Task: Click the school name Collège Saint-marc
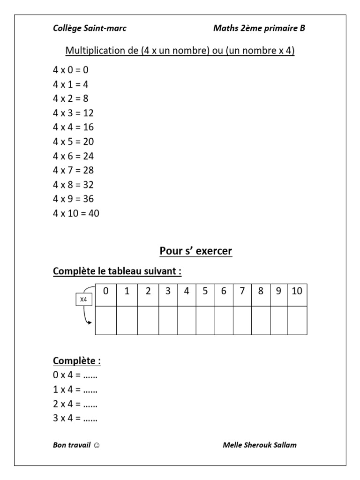pos(90,29)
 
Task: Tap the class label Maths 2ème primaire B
pos(259,29)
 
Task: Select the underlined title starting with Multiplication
pos(180,51)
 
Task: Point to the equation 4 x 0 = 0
pos(71,70)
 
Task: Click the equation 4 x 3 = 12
pos(73,113)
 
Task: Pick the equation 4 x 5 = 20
pos(73,142)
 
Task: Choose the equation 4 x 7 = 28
pos(73,170)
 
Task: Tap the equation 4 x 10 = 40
pos(76,213)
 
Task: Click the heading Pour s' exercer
pos(196,252)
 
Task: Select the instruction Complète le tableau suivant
pos(117,271)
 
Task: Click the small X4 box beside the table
pos(84,299)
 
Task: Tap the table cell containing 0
pos(106,291)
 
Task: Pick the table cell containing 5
pos(205,291)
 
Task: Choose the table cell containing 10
pos(297,291)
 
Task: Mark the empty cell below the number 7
pos(242,320)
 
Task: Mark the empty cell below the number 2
pos(148,320)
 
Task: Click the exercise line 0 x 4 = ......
pos(75,375)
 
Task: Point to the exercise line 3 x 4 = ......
pos(75,419)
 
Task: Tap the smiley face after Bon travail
pos(96,445)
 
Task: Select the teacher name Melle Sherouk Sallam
pos(260,445)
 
